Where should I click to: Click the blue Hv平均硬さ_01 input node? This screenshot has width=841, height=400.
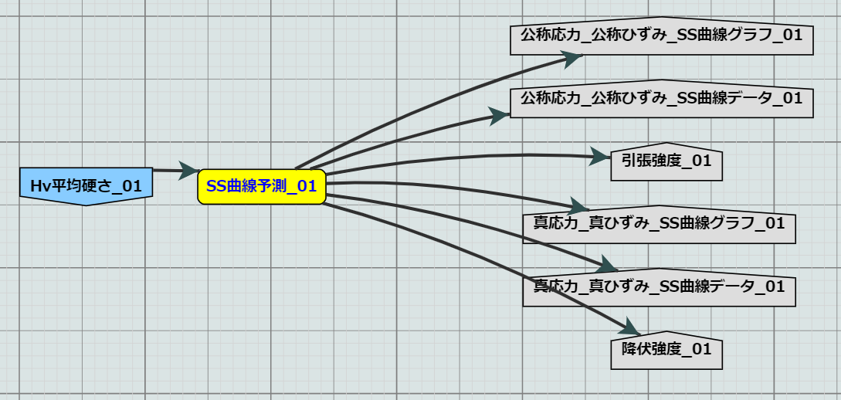pos(86,185)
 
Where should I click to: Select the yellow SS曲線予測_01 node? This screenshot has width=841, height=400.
pos(262,186)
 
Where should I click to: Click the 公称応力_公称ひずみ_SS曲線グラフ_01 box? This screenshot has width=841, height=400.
pos(662,36)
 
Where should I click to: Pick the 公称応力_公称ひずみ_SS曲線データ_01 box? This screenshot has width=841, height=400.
pos(662,99)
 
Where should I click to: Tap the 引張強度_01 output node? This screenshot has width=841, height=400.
pos(666,162)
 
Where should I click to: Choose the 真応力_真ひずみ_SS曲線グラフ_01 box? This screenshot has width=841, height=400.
pos(659,224)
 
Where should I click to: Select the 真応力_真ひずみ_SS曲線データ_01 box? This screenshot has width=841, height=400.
pos(659,286)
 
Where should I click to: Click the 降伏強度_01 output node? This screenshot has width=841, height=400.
pos(666,349)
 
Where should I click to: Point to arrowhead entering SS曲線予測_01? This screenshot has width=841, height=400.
pos(188,171)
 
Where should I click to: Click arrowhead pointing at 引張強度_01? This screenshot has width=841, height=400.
pos(600,157)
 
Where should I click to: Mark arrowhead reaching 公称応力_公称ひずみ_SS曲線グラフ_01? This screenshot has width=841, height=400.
pos(571,57)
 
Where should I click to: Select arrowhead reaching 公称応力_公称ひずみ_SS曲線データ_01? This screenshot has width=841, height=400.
pos(500,116)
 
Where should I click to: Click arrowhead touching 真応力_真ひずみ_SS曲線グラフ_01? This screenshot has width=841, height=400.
pos(579,206)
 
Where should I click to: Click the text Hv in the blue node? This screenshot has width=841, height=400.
pos(39,186)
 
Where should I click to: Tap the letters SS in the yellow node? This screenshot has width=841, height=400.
pos(217,186)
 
